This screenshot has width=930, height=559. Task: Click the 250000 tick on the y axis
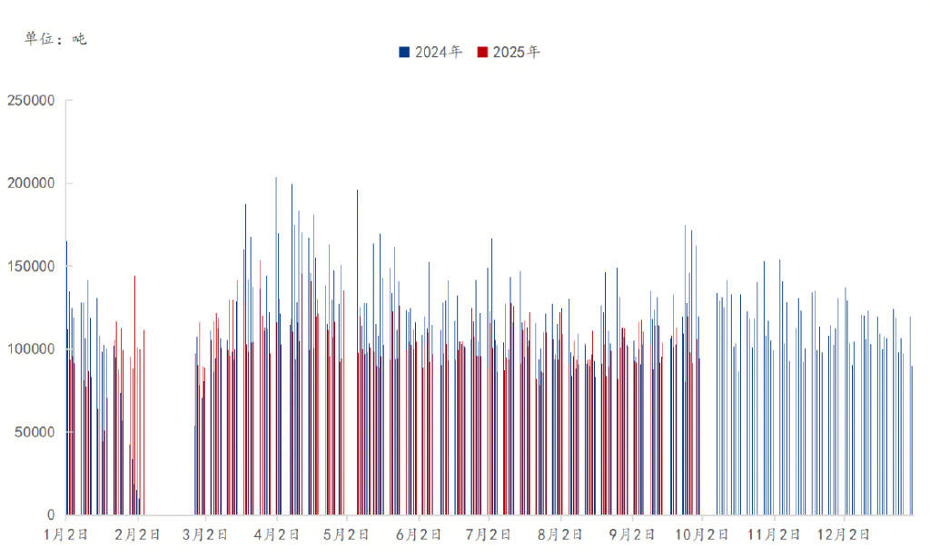[31, 101]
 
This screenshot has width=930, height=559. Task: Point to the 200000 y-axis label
[31, 183]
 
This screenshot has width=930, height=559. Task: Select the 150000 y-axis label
[31, 266]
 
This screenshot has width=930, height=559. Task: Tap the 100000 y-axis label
[31, 349]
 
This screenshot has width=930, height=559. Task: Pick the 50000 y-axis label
[35, 432]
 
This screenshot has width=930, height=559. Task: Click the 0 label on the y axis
[51, 515]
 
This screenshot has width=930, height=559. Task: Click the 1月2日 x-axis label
[66, 534]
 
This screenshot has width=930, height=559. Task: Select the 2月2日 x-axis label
[137, 534]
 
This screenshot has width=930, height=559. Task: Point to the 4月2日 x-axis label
[275, 534]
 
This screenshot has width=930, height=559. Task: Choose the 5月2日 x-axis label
[345, 534]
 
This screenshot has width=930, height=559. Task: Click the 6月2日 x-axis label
[417, 534]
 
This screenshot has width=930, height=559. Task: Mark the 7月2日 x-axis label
[487, 534]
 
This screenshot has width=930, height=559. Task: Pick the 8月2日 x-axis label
[559, 534]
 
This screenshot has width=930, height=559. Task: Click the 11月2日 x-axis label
[773, 534]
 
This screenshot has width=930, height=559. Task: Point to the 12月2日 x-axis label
[844, 534]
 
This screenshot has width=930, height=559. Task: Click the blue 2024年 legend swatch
[404, 53]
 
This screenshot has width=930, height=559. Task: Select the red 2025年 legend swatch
[483, 53]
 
